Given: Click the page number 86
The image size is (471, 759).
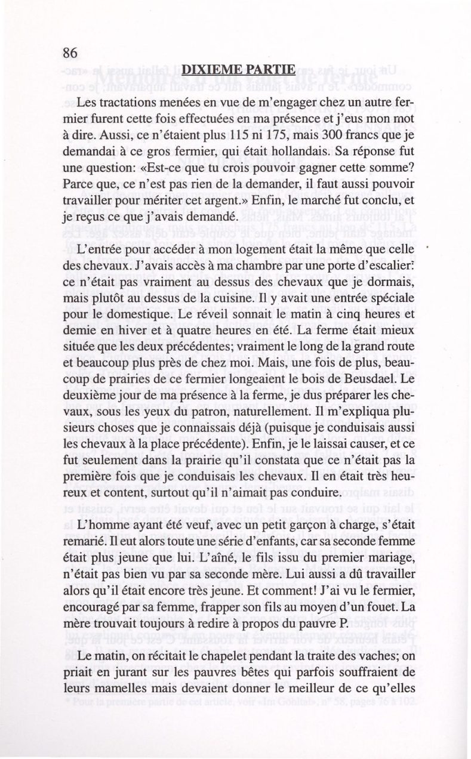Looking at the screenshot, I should [70, 53].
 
